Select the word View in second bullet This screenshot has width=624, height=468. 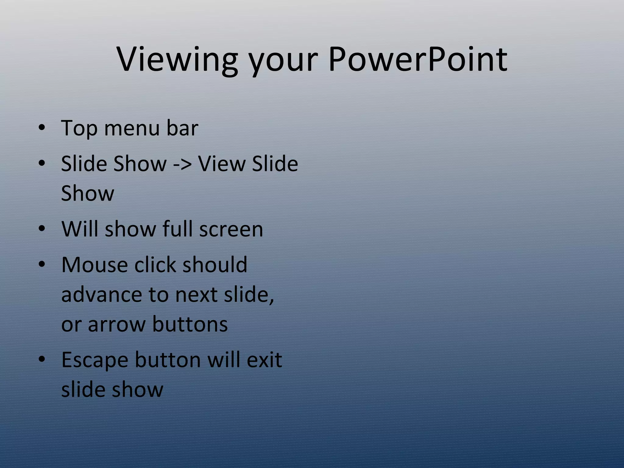pos(222,164)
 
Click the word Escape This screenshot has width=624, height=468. pos(95,360)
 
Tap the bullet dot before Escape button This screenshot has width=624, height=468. pos(42,359)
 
